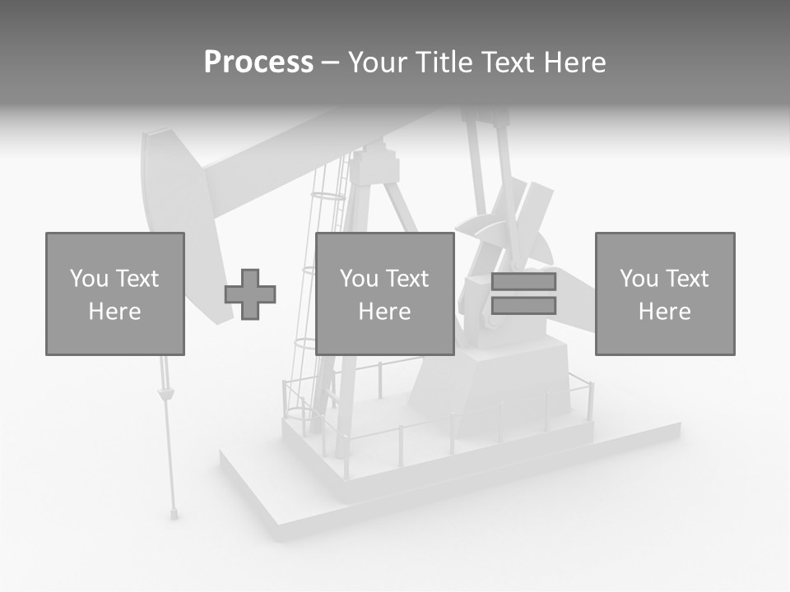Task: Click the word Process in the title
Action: pyautogui.click(x=258, y=62)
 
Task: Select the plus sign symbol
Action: pyautogui.click(x=250, y=294)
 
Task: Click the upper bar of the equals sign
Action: pyautogui.click(x=523, y=281)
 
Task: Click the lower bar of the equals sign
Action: pyautogui.click(x=523, y=306)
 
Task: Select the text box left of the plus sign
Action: pyautogui.click(x=114, y=294)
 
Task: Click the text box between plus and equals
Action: pyautogui.click(x=384, y=294)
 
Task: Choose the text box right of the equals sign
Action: pyautogui.click(x=664, y=294)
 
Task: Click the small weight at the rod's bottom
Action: pyautogui.click(x=174, y=514)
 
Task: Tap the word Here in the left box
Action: pyautogui.click(x=114, y=312)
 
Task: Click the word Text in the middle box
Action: pyautogui.click(x=407, y=279)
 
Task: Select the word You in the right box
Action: pyautogui.click(x=639, y=279)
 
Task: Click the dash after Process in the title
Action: pyautogui.click(x=330, y=62)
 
